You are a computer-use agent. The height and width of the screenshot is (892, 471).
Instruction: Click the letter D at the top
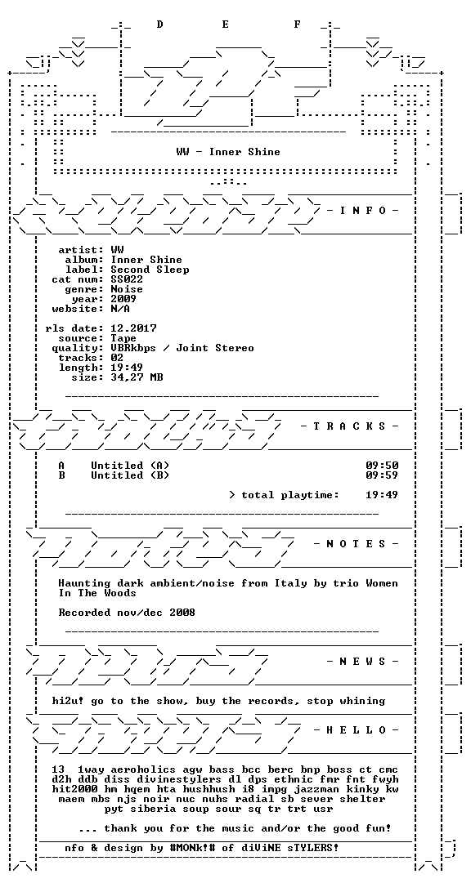coord(160,24)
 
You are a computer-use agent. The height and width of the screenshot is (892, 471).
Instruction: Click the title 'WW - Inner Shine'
coord(228,152)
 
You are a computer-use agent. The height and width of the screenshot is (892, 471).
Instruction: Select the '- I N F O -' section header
coord(363,211)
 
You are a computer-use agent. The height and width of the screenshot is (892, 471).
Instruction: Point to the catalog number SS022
coord(127,279)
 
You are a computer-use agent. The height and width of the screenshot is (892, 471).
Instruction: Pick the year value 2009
coord(123,299)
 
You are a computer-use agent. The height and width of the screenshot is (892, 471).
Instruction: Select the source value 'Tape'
coord(123,338)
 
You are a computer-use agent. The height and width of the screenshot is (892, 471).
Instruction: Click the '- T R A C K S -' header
coord(350,426)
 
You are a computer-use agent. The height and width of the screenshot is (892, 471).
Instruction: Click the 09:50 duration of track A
coord(382,466)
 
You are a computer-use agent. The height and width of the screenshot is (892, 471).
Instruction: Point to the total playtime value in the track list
coord(382,495)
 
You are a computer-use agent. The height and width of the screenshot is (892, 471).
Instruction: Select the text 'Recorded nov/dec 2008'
coord(127,613)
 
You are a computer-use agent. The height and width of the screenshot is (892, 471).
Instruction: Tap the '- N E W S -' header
coord(363,661)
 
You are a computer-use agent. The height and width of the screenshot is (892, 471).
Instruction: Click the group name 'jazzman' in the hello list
coord(317,790)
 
